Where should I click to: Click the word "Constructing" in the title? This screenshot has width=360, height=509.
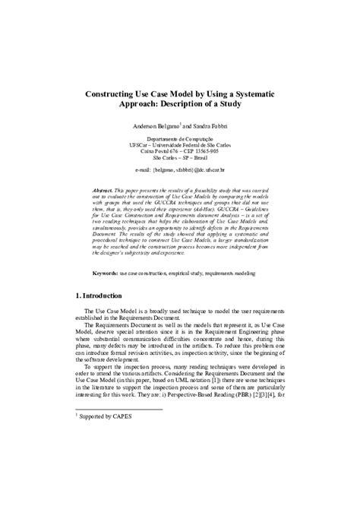click(x=116, y=90)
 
